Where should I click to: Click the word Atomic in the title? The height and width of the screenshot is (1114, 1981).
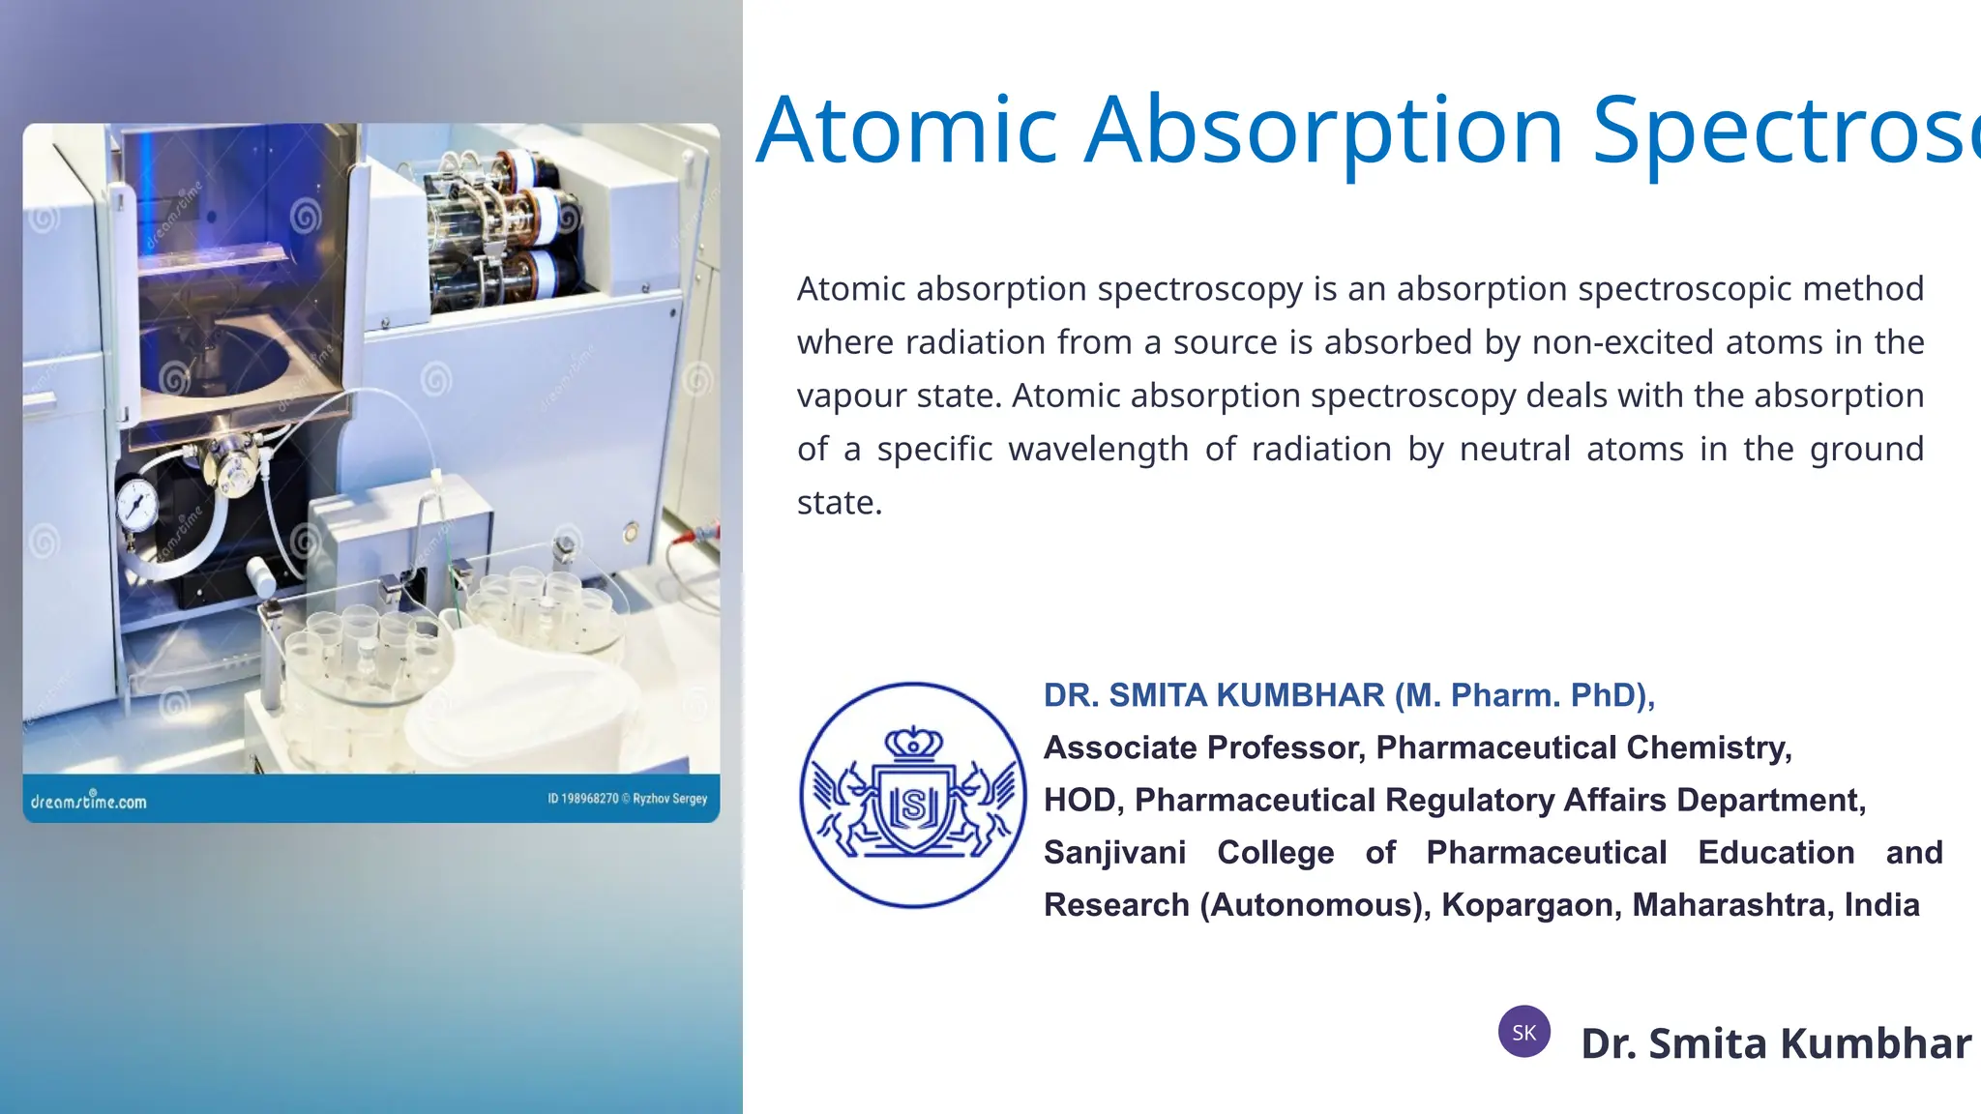(x=907, y=131)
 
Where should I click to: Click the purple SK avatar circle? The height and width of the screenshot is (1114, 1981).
(x=1523, y=1032)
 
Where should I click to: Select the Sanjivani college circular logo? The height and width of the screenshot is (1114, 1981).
(x=913, y=795)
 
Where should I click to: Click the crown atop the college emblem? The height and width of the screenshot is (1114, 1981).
(x=913, y=743)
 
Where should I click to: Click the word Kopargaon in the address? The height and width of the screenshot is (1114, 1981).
(x=1527, y=905)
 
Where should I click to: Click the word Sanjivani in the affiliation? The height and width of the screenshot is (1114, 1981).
(x=1114, y=853)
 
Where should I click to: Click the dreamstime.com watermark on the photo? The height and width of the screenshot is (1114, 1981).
(x=88, y=801)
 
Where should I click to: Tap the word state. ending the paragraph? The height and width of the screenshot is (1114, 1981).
(x=839, y=503)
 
